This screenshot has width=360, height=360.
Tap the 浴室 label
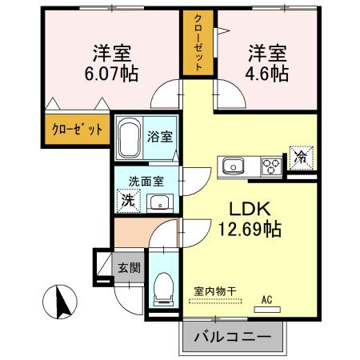tap(160, 136)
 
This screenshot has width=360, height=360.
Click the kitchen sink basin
tap(234, 166)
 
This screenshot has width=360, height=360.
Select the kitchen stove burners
tap(271, 166)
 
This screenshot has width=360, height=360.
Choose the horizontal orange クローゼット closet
tap(77, 129)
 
